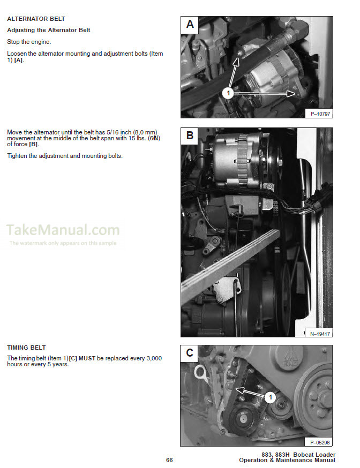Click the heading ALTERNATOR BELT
point(36,19)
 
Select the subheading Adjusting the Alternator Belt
point(48,30)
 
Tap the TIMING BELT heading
point(26,348)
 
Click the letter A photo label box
point(190,24)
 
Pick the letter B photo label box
point(190,135)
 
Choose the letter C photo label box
point(190,353)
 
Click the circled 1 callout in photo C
point(271,397)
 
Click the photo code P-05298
point(320,442)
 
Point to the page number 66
point(169,460)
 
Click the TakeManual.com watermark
point(63,230)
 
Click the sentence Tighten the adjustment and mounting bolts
point(65,156)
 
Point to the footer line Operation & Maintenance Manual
point(287,461)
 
